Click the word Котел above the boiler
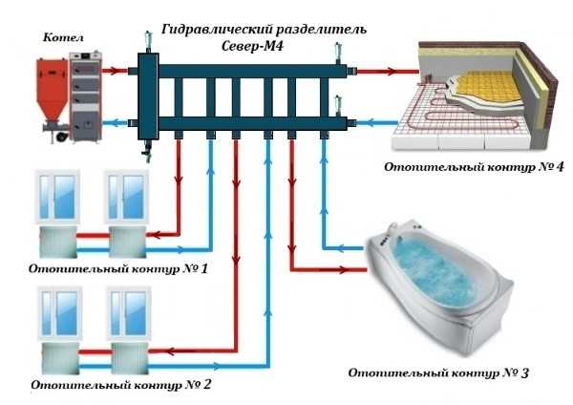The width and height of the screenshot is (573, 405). (x=64, y=37)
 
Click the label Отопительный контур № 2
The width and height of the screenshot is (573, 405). (x=120, y=387)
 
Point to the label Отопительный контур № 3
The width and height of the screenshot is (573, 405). (x=438, y=371)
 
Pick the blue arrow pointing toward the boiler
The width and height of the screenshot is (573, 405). (x=115, y=121)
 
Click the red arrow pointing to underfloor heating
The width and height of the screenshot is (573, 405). (x=386, y=70)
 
